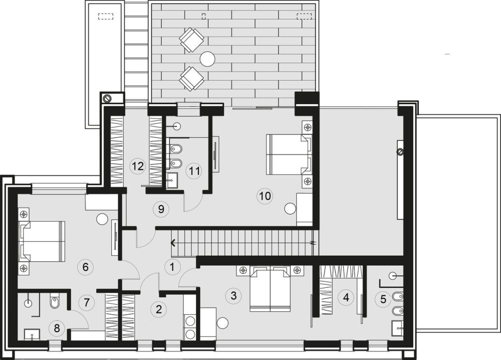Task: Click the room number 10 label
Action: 265,196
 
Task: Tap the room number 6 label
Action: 85,267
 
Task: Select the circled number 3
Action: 233,295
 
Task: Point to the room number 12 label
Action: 138,166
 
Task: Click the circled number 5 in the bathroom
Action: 383,299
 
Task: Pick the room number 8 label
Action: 57,328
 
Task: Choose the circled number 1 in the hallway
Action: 172,267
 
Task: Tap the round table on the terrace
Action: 208,59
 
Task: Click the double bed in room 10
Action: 288,154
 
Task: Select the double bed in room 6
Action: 42,241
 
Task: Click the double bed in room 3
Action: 271,290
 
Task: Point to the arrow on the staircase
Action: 173,243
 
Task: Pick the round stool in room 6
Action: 103,219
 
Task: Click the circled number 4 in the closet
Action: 346,297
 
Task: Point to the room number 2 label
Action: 158,309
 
